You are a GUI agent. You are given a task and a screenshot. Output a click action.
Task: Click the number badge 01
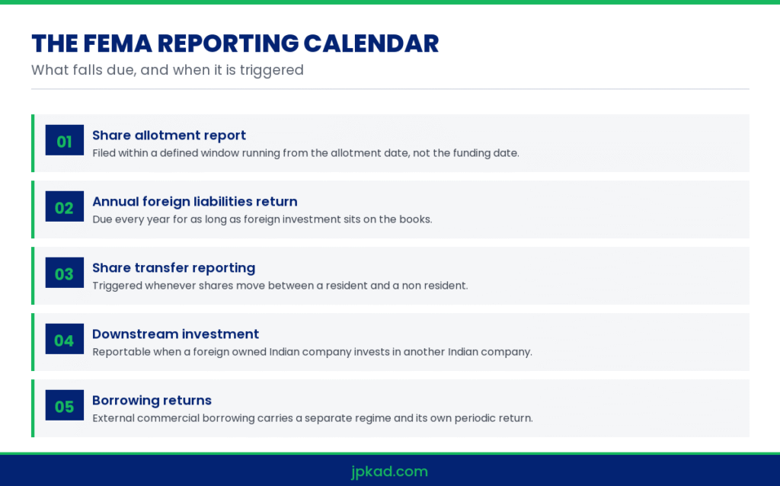(x=65, y=140)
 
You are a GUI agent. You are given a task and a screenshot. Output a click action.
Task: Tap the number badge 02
(x=65, y=206)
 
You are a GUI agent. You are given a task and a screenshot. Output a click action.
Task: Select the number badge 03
(x=65, y=273)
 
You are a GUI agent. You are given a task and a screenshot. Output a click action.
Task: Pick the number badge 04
(x=65, y=339)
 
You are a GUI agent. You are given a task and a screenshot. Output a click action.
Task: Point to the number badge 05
(x=65, y=405)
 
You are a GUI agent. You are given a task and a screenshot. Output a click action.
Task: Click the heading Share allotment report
(x=169, y=136)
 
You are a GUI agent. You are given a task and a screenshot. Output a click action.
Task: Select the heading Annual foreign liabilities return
(x=195, y=201)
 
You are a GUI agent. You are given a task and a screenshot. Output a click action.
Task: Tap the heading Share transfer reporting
(x=174, y=268)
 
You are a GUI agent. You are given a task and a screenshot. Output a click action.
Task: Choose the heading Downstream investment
(x=176, y=334)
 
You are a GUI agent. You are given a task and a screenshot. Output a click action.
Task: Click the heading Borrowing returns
(x=152, y=401)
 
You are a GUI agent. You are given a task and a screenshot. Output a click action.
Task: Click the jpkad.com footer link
(x=389, y=471)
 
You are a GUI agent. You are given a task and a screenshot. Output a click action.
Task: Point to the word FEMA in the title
(x=117, y=43)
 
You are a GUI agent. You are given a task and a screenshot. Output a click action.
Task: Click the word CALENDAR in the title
(x=371, y=43)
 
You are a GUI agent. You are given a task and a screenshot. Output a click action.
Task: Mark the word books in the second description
(x=415, y=219)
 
